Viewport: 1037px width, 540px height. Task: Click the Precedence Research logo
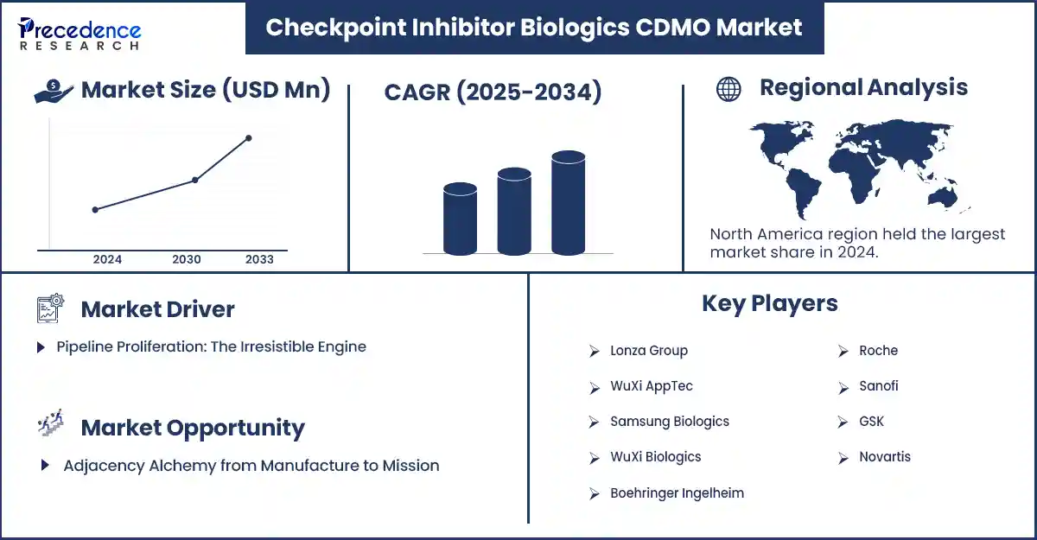[80, 34]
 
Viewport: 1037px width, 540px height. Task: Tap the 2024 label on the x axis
[107, 259]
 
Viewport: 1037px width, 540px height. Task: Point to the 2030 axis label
[187, 259]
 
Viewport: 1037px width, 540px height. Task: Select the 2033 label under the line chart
[260, 259]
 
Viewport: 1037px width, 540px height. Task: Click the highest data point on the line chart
[249, 138]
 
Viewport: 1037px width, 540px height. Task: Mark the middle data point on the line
[195, 180]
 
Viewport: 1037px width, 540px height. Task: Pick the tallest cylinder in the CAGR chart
[568, 203]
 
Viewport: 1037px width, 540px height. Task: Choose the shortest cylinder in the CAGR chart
[460, 219]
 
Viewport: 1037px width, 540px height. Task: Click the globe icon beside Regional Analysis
[728, 89]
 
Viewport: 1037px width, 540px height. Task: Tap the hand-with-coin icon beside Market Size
[54, 91]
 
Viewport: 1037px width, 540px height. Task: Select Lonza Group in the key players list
[649, 351]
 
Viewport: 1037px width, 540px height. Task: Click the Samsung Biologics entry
[670, 422]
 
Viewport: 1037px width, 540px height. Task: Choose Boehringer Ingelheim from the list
[677, 493]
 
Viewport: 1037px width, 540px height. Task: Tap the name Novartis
[885, 457]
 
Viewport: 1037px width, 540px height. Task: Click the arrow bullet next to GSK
[843, 422]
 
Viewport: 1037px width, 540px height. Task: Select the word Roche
[878, 350]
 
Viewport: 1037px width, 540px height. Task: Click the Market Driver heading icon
[50, 308]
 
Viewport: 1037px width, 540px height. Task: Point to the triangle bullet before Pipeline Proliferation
[41, 347]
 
